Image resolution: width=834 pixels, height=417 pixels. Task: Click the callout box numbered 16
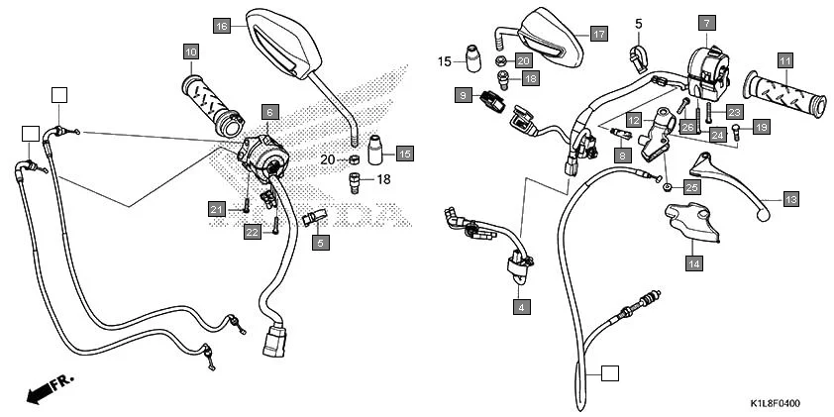coord(222,26)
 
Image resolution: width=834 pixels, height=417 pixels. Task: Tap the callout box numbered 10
coord(190,51)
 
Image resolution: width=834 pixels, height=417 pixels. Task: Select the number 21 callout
coord(217,208)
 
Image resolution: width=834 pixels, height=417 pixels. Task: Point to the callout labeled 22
coord(253,232)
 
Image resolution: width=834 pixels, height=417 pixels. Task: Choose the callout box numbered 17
coord(598,33)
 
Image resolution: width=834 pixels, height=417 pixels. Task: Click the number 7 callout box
coord(705,22)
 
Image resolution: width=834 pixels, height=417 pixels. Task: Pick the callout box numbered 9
coord(463,94)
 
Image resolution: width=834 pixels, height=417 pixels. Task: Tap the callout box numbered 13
coord(790,198)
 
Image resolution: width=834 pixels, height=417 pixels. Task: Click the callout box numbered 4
coord(518,308)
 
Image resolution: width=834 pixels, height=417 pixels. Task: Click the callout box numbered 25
coord(690,186)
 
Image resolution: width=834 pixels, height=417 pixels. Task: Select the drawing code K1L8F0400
coord(774,405)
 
